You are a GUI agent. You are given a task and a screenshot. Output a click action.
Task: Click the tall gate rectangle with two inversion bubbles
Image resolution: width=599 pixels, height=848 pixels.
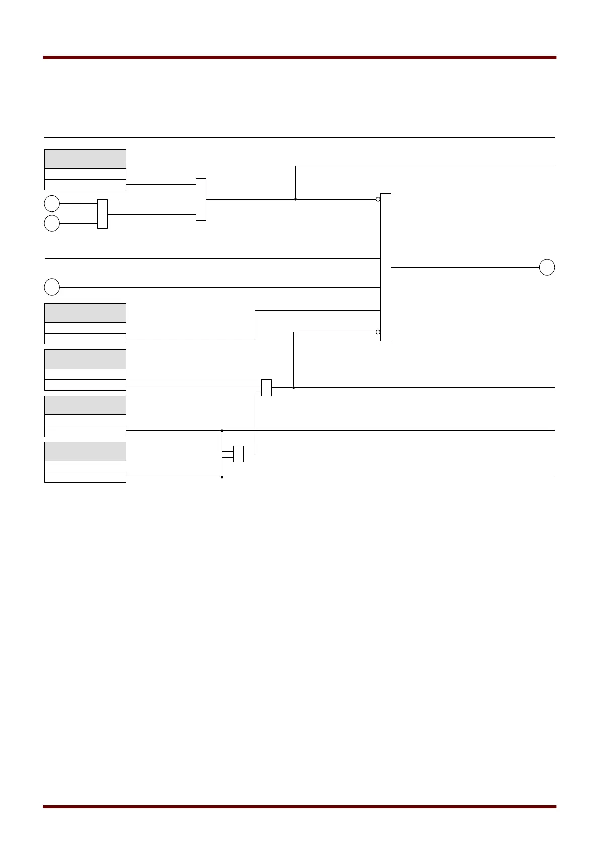coord(385,267)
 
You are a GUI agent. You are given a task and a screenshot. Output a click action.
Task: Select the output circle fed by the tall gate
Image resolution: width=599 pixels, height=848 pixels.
coord(547,267)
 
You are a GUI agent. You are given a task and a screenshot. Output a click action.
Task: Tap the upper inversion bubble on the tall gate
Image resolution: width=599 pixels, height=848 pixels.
coord(378,199)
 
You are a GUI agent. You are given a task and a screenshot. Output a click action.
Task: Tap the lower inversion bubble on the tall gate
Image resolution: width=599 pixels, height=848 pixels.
coord(378,332)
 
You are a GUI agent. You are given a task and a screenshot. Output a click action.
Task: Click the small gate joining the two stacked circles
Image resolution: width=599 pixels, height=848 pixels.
coord(102,214)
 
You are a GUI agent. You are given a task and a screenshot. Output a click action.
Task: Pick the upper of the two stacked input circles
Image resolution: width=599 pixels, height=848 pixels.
coord(52,204)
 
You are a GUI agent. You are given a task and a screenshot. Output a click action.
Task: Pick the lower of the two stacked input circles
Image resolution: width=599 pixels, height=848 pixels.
coord(52,223)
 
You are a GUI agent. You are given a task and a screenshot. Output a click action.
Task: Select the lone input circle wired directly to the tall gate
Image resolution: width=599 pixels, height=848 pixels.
coord(52,287)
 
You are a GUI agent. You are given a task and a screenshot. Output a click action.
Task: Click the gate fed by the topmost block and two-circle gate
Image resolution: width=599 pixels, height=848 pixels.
coord(201,199)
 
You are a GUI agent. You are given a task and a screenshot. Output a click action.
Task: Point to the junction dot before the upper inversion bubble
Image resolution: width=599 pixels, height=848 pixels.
coord(295,199)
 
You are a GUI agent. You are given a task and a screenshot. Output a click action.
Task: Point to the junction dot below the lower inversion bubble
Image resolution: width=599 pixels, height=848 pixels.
coord(293,388)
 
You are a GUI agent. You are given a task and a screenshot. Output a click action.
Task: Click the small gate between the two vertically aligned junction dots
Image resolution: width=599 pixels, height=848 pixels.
coord(238,454)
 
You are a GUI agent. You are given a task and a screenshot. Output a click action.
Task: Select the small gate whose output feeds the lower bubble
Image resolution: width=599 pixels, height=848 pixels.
coord(266,388)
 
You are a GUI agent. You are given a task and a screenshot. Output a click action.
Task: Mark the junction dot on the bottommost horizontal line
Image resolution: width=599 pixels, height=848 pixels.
coord(222,477)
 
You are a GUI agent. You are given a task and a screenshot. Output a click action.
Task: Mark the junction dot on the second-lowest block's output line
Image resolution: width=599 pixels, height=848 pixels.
coord(222,431)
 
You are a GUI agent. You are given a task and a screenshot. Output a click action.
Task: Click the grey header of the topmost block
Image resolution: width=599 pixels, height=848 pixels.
coord(85,159)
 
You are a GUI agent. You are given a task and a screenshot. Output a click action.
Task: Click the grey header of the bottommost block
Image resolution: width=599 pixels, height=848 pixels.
coord(85,451)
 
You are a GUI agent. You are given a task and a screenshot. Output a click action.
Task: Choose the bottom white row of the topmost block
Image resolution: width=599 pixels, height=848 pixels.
coord(85,185)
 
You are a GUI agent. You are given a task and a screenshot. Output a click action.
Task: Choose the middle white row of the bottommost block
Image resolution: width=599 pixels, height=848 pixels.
coord(85,466)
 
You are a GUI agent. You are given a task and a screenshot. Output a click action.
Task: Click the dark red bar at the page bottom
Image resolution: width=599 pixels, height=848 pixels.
coord(299,807)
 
